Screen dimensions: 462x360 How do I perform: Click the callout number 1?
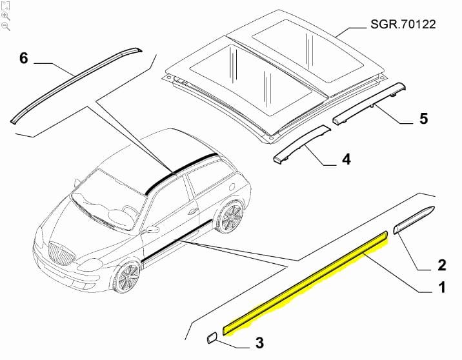click(x=442, y=287)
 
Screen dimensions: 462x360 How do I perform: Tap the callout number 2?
click(x=441, y=265)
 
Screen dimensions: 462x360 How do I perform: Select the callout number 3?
click(x=259, y=343)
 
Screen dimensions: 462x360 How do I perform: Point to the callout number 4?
click(x=346, y=159)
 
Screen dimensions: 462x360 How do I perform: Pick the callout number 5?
click(x=423, y=119)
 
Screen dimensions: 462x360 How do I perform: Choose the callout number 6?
click(x=24, y=58)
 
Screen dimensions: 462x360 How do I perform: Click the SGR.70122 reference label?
click(x=403, y=24)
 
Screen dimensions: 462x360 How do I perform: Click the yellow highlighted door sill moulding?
click(x=305, y=283)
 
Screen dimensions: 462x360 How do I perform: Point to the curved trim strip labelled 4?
click(x=301, y=143)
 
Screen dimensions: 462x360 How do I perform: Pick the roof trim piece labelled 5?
click(x=369, y=103)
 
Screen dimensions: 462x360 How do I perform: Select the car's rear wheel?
click(x=230, y=217)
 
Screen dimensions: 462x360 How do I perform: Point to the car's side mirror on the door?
click(x=152, y=229)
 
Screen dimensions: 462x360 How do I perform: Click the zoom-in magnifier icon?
click(x=5, y=16)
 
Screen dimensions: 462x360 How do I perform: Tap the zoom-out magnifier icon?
click(x=5, y=26)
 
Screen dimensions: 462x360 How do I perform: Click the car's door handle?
click(x=193, y=211)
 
